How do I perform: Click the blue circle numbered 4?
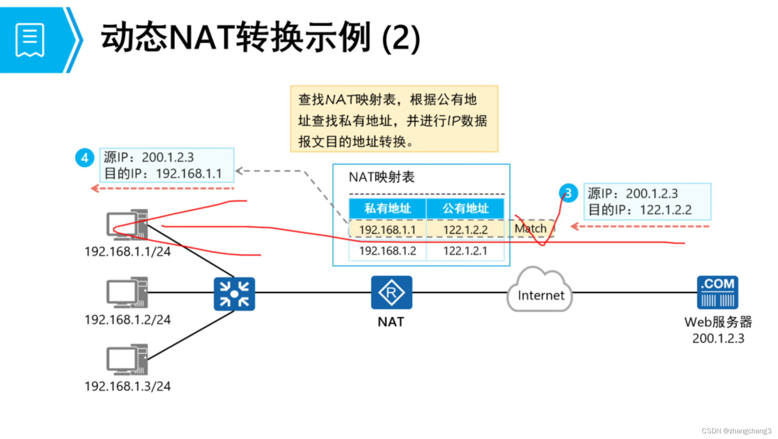[x=85, y=158]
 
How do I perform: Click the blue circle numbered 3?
[x=568, y=193]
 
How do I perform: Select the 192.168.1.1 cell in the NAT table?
[x=387, y=229]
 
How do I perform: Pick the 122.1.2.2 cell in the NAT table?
[x=465, y=229]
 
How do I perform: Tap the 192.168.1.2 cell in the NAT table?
[x=387, y=251]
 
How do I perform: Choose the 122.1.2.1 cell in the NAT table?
[x=465, y=251]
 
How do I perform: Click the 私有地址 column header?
[x=387, y=208]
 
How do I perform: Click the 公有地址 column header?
[x=465, y=208]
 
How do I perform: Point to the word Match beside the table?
[x=530, y=228]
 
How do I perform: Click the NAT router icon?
[x=391, y=292]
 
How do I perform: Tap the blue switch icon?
[x=234, y=294]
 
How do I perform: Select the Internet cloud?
[x=540, y=292]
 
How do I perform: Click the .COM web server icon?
[x=718, y=292]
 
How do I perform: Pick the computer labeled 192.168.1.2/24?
[x=127, y=292]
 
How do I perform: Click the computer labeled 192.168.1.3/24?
[x=127, y=360]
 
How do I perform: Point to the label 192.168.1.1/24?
[x=127, y=251]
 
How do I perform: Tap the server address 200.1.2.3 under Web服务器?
[x=718, y=338]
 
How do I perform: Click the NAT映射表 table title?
[x=382, y=177]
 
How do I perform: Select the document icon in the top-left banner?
[x=30, y=40]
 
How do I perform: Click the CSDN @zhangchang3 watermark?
[x=736, y=431]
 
